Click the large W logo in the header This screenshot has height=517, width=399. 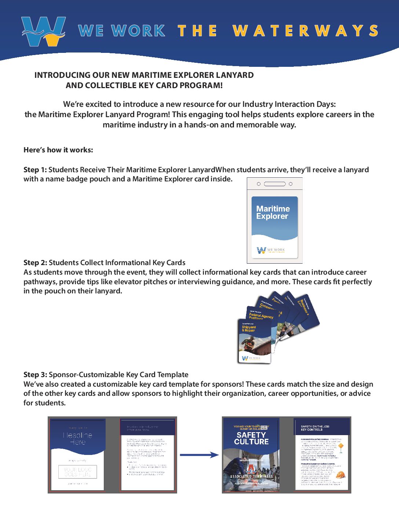43,31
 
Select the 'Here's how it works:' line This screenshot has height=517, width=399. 58,150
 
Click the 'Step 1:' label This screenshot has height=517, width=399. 35,170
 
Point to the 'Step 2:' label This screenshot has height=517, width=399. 35,263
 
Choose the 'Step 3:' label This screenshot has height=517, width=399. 35,375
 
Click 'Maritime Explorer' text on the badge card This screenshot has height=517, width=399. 273,212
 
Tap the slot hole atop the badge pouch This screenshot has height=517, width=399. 274,184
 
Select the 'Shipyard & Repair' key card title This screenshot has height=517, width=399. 249,329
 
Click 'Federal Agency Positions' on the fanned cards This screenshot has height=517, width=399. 261,316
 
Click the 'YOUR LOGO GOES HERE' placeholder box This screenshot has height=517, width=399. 77,472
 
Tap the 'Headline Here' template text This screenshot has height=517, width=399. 77,438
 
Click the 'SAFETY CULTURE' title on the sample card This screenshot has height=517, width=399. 251,438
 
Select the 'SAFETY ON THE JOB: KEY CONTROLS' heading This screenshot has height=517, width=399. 312,428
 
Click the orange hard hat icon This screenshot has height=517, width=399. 341,474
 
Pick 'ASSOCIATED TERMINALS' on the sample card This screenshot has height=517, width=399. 251,476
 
